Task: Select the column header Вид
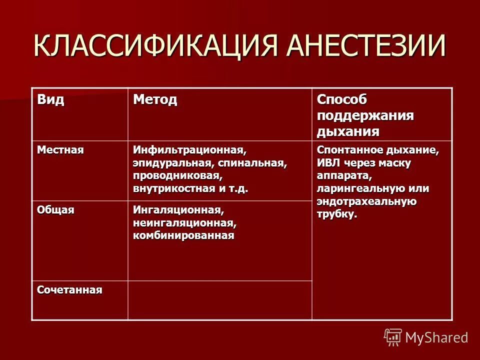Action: coord(50,100)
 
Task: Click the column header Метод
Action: coord(155,100)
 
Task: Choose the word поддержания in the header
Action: coord(365,116)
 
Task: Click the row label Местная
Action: coord(60,150)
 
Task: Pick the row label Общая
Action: coord(55,210)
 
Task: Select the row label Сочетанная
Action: coord(69,290)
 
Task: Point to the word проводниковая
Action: coord(177,176)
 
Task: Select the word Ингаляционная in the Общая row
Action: coord(177,209)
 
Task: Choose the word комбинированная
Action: coord(183,235)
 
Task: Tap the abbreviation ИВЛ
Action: coord(327,163)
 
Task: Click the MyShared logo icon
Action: coord(393,337)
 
